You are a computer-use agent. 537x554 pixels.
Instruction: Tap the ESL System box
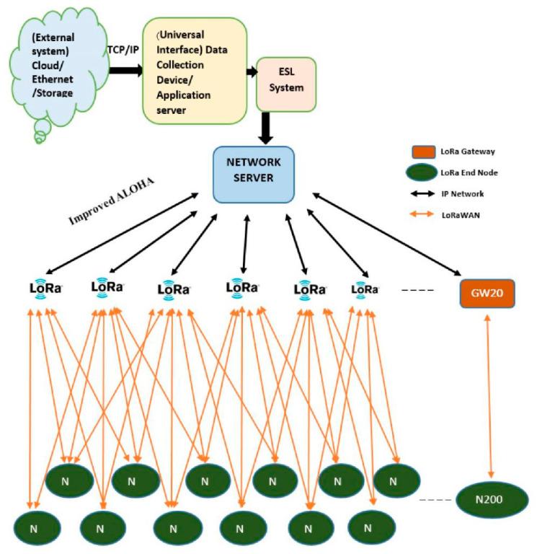[x=287, y=84]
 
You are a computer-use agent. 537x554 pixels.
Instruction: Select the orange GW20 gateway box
[x=487, y=293]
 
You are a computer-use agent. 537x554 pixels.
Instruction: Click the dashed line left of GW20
[x=415, y=290]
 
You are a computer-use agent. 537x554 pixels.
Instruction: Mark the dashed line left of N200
[x=432, y=499]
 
